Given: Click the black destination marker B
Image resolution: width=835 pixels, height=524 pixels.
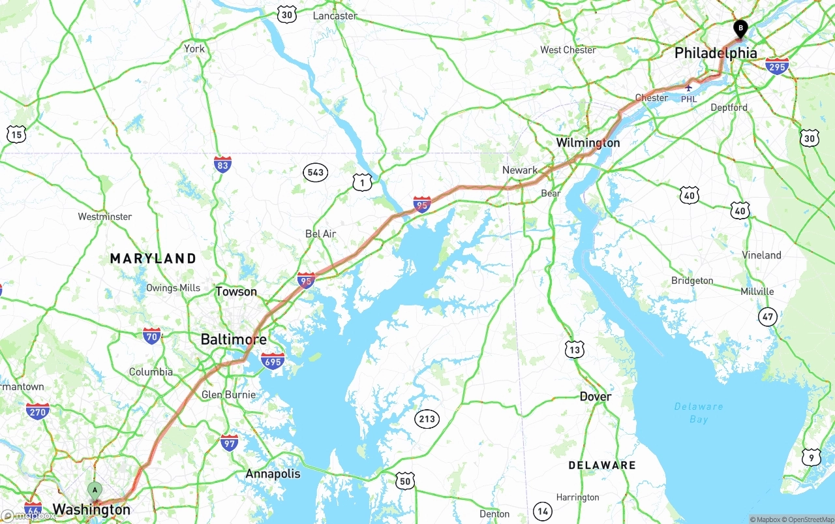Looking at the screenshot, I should (x=740, y=29).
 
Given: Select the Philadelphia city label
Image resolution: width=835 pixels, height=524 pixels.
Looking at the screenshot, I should (x=716, y=53).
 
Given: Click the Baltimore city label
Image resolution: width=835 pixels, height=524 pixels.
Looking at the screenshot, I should (x=234, y=339).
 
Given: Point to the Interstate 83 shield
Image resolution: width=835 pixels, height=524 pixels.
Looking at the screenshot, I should (x=222, y=164).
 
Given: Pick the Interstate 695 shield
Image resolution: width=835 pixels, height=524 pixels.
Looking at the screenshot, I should (x=272, y=360).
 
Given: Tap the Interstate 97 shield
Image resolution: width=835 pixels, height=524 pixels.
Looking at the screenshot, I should (x=229, y=443).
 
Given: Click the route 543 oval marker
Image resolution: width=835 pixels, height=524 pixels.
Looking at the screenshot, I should (x=315, y=172).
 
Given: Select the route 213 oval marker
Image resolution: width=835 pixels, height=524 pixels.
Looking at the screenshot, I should (x=427, y=419).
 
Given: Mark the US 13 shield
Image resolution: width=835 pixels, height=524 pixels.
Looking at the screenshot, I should (x=574, y=349).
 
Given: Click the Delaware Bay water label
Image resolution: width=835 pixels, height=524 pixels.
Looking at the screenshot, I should (x=699, y=412).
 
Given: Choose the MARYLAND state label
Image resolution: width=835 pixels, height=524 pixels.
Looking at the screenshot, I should (x=153, y=258).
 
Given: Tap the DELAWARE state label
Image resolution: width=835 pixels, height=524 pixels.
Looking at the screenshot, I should (x=601, y=465).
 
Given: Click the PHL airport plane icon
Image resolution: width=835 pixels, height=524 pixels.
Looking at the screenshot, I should (x=689, y=87).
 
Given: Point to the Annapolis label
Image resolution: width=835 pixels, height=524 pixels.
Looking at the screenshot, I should (x=273, y=474).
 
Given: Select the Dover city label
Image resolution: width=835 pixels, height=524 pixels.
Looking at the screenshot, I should (x=596, y=397).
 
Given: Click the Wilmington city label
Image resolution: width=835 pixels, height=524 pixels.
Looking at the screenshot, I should (x=588, y=142).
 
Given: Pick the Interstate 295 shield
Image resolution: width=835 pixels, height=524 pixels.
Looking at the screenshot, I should (x=777, y=66).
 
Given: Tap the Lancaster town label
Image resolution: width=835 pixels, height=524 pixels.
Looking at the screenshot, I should (x=335, y=16).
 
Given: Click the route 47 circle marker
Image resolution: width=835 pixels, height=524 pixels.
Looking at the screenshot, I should (x=768, y=317).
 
